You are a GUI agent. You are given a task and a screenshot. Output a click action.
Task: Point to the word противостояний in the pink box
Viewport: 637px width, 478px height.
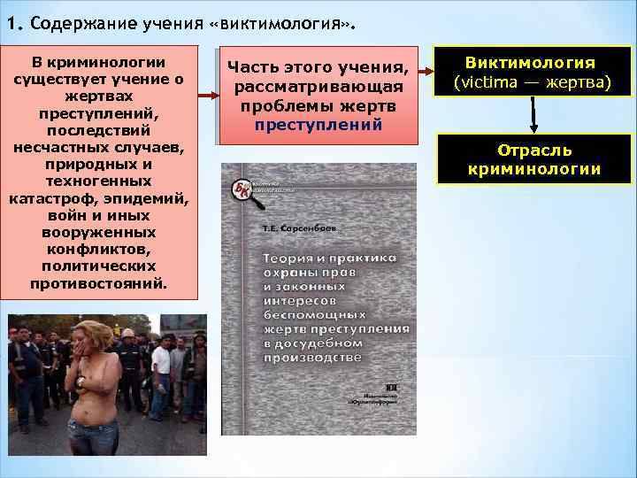click(x=97, y=283)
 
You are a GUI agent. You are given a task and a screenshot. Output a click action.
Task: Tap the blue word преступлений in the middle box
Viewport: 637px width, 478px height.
click(x=318, y=125)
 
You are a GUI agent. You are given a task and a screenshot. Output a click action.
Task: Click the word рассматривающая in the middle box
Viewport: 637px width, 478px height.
click(x=318, y=87)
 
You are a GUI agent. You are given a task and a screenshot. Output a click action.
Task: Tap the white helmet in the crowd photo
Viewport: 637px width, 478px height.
click(x=127, y=333)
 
